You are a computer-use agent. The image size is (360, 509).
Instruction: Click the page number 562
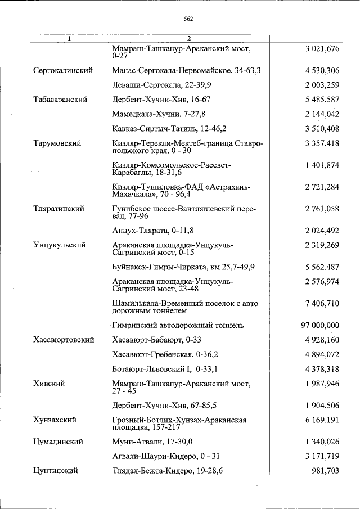[x=188, y=19]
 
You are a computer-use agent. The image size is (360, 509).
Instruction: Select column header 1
[x=69, y=39]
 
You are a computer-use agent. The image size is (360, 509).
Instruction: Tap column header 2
[x=190, y=39]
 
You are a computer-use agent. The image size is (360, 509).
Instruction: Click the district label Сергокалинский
[x=62, y=70]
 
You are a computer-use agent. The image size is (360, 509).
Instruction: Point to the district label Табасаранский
[x=60, y=100]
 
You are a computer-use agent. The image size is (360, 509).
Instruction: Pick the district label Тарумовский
[x=57, y=143]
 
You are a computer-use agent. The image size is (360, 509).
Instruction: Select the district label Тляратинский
[x=59, y=209]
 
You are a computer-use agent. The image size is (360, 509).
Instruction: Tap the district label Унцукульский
[x=59, y=245]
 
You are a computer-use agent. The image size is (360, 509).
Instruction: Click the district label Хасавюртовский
[x=63, y=340]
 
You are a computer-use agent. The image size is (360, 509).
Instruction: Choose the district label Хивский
[x=49, y=384]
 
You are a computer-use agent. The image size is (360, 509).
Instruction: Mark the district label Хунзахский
[x=55, y=420]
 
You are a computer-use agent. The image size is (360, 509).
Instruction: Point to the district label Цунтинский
[x=55, y=471]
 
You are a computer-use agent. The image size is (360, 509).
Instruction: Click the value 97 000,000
[x=321, y=325]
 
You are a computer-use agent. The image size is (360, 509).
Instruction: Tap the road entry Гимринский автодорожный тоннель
[x=178, y=325]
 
